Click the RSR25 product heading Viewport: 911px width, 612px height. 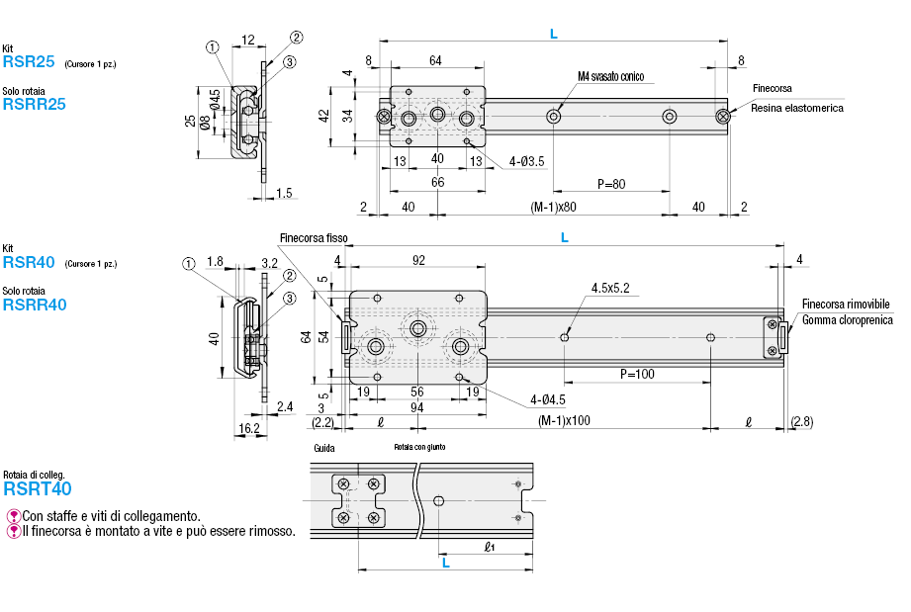click(x=28, y=61)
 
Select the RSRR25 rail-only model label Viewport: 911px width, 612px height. click(x=35, y=104)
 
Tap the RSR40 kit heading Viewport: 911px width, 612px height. click(x=28, y=263)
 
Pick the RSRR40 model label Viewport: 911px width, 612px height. click(x=35, y=305)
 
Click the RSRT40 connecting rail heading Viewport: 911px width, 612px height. click(x=38, y=488)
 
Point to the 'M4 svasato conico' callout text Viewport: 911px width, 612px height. click(x=610, y=76)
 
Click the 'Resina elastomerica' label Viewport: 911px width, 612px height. click(x=797, y=108)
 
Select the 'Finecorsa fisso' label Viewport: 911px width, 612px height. click(x=314, y=237)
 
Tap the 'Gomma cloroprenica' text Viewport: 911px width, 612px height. click(x=848, y=319)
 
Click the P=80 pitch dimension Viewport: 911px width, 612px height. click(x=611, y=184)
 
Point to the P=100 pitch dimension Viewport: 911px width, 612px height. click(x=637, y=375)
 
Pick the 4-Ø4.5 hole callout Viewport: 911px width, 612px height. click(x=546, y=400)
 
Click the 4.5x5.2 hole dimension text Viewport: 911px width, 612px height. click(x=610, y=288)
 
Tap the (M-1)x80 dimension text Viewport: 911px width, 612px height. click(x=554, y=207)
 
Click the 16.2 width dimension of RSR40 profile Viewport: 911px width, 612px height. click(x=248, y=428)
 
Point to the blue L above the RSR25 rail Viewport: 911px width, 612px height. click(x=553, y=34)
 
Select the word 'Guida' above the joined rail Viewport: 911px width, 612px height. click(x=323, y=448)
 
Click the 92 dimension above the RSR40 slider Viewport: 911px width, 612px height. click(x=418, y=261)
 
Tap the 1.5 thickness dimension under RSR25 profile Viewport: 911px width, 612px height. click(x=284, y=193)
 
